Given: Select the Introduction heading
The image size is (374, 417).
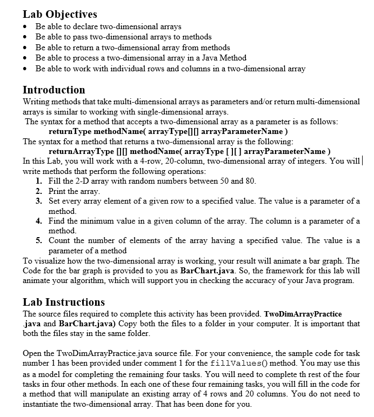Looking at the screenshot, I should (x=54, y=90).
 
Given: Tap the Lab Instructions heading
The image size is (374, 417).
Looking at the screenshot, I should (x=64, y=302).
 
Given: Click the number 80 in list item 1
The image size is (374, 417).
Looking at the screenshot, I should (x=249, y=181).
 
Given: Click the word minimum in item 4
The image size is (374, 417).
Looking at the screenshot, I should (x=90, y=221).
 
